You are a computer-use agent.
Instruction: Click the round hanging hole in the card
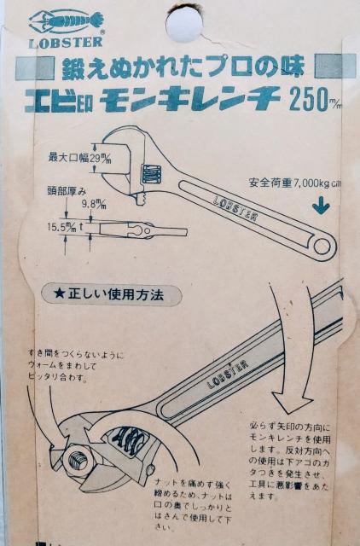[184, 23]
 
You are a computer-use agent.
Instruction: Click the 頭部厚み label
[65, 190]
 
